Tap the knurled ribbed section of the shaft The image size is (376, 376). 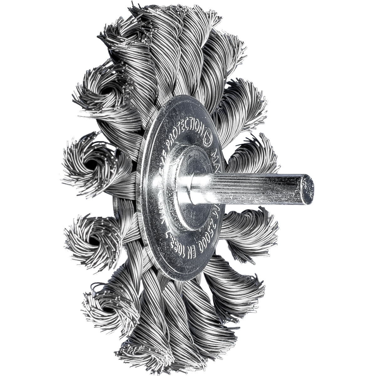coord(251,188)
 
